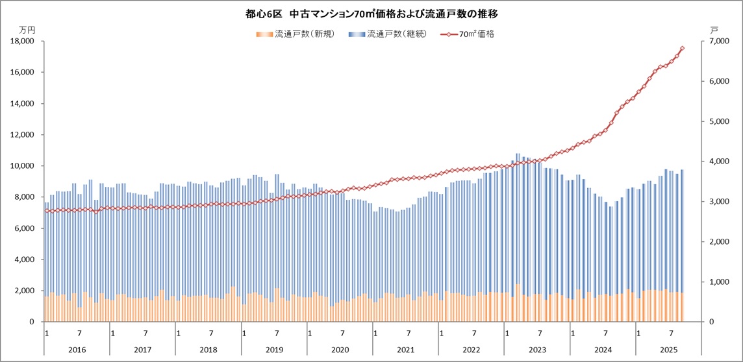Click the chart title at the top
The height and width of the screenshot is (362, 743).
click(371, 13)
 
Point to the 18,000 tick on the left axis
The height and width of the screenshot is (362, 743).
click(23, 42)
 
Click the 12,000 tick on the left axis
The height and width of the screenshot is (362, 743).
click(23, 135)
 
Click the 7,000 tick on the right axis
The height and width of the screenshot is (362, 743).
click(716, 42)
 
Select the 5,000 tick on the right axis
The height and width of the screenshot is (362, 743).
click(716, 121)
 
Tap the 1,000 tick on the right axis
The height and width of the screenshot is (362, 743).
click(716, 282)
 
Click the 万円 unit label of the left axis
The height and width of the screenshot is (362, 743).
click(27, 30)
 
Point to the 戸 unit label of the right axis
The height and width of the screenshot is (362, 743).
click(714, 30)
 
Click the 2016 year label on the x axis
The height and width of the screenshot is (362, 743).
click(77, 350)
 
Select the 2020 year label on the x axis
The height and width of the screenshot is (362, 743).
click(340, 350)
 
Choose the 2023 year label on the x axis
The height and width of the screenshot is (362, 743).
click(536, 350)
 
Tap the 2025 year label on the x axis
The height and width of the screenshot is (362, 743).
click(668, 350)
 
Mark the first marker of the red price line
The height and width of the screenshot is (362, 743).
click(47, 210)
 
